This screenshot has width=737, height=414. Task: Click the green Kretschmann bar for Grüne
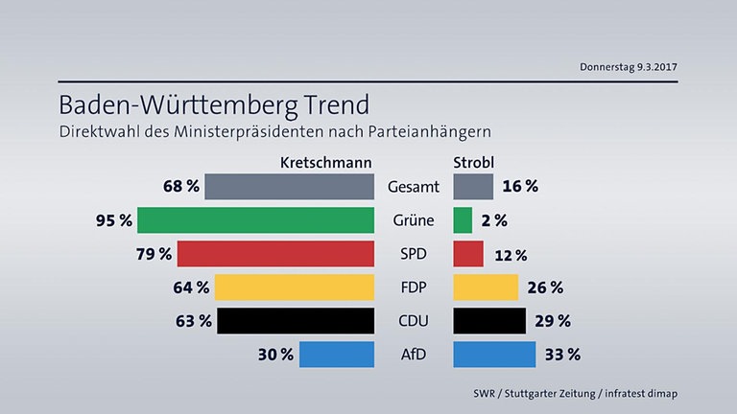click(x=255, y=219)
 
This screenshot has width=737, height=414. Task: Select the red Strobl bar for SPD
click(x=467, y=254)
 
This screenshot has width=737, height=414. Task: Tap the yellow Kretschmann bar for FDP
click(x=294, y=287)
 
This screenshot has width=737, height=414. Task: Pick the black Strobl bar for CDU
click(x=488, y=320)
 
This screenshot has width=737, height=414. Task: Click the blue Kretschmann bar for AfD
click(x=336, y=354)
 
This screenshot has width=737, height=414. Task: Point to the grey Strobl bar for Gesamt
click(x=472, y=186)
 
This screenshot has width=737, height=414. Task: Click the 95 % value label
click(x=112, y=220)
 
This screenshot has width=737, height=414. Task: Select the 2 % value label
click(x=494, y=220)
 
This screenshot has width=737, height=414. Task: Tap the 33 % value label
click(x=561, y=355)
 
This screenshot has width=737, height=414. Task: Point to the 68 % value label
click(x=180, y=186)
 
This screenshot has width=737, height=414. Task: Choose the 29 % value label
click(x=551, y=320)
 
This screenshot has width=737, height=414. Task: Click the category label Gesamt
click(x=414, y=187)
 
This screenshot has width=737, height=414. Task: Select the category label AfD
click(x=414, y=355)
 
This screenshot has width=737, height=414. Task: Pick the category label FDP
click(x=414, y=287)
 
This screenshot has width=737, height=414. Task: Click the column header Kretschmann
click(x=325, y=162)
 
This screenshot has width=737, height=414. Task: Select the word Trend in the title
click(x=322, y=103)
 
